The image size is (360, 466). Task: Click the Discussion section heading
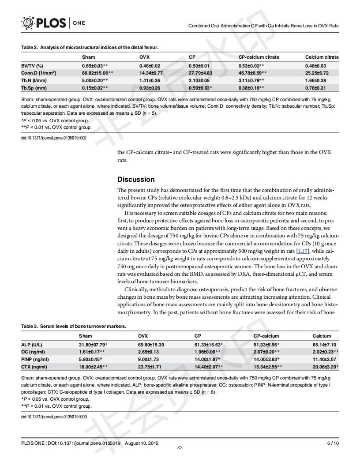pyautogui.click(x=136, y=180)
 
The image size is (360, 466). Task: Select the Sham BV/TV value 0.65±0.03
pyautogui.click(x=95, y=66)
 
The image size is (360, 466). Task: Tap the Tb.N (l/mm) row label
pyautogui.click(x=34, y=80)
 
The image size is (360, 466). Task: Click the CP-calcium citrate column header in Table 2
pyautogui.click(x=259, y=57)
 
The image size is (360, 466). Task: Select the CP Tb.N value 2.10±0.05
pyautogui.click(x=200, y=80)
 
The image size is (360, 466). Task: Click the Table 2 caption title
pyautogui.click(x=90, y=47)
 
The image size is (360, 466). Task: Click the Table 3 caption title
pyautogui.click(x=74, y=326)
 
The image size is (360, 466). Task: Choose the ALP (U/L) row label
pyautogui.click(x=32, y=345)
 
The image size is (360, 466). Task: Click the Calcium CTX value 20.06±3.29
pyautogui.click(x=326, y=367)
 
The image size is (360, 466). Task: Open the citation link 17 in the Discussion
pyautogui.click(x=305, y=251)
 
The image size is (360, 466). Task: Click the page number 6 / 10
pyautogui.click(x=332, y=443)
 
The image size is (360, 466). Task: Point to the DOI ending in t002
pyautogui.click(x=54, y=138)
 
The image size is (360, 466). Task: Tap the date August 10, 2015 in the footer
pyautogui.click(x=142, y=443)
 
